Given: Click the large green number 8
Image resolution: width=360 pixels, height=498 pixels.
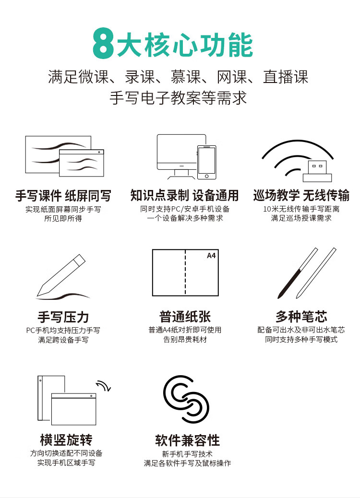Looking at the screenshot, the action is [103, 44].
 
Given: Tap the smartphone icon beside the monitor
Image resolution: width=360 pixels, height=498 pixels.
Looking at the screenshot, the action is [206, 162].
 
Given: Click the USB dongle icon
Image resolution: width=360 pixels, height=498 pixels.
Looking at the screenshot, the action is [317, 171].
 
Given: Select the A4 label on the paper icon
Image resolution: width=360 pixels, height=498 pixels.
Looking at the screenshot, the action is [211, 256].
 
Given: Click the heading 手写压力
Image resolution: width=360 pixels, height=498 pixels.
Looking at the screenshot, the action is [63, 317].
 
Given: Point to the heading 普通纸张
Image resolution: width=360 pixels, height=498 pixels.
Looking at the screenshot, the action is [185, 317].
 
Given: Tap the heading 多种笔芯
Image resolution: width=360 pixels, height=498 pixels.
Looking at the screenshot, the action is [301, 317].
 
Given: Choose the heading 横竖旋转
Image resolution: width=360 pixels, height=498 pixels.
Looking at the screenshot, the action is [66, 440].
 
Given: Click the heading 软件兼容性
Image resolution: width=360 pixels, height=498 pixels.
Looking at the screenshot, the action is [188, 440].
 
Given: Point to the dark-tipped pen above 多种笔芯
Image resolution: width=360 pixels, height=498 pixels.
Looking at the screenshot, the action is [298, 273].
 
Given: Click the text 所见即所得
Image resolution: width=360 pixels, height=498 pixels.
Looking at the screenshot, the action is [63, 218].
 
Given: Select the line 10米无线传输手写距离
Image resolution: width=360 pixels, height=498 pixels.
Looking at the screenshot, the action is [301, 209].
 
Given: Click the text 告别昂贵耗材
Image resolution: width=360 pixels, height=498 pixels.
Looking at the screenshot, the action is [185, 339].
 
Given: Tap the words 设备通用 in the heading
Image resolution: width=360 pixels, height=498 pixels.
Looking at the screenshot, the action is [216, 195].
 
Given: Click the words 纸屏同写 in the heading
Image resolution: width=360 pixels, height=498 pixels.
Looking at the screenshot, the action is [88, 196].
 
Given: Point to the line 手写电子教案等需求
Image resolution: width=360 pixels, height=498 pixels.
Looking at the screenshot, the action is [178, 97].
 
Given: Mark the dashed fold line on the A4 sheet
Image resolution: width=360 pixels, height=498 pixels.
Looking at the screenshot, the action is [185, 273].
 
